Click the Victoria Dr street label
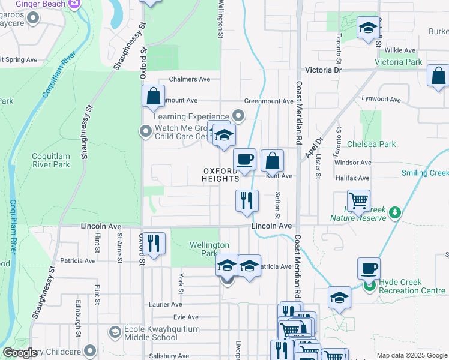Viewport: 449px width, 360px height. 323,70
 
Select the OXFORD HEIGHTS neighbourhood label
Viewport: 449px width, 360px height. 220,175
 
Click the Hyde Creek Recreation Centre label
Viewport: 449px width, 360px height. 408,287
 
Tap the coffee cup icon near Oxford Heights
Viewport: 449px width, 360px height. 245,160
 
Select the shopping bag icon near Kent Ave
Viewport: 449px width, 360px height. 273,161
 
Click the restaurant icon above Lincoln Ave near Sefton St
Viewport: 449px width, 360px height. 247,201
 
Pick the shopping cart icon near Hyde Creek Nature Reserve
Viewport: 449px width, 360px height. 358,201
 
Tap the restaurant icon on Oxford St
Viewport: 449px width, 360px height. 154,243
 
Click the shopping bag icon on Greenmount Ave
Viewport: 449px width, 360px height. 154,96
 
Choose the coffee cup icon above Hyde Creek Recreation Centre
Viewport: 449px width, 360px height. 369,268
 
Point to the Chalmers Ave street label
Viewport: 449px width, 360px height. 189,79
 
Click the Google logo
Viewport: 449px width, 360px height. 20,353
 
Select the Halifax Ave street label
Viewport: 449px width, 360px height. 352,178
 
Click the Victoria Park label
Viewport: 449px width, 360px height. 399,62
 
